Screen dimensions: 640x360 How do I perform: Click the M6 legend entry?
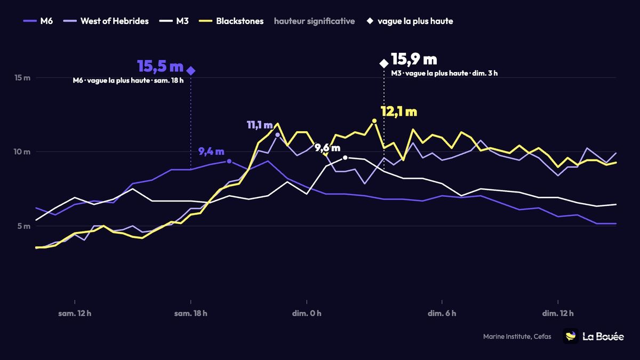tap(38, 21)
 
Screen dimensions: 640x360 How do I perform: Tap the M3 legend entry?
tap(174, 21)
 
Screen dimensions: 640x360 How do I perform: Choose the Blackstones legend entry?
tap(231, 21)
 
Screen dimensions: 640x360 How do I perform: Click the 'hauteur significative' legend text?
tap(314, 21)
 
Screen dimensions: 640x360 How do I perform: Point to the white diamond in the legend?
tap(370, 21)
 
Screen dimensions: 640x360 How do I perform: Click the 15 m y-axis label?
tap(22, 78)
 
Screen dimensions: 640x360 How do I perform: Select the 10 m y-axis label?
tap(22, 151)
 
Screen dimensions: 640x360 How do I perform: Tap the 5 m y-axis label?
tap(23, 226)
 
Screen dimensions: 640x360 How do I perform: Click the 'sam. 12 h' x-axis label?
tap(75, 314)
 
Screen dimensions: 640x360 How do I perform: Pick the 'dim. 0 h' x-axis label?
tap(307, 314)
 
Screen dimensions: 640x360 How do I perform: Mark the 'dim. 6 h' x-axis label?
tap(442, 314)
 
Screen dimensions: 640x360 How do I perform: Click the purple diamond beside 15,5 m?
tap(191, 70)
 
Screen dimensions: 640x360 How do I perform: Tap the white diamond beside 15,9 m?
tap(383, 63)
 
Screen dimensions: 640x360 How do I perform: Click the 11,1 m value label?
tap(260, 125)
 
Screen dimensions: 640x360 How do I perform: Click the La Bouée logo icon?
tap(571, 336)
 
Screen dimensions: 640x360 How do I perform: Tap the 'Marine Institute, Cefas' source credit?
tap(517, 337)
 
